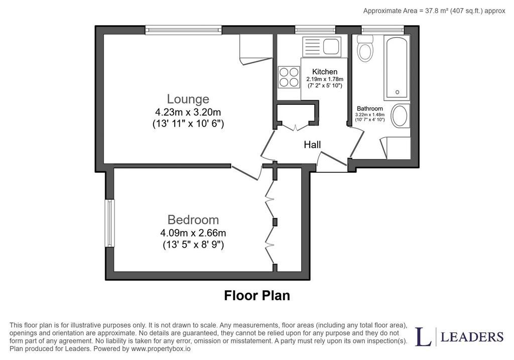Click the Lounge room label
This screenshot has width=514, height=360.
pos(188,99)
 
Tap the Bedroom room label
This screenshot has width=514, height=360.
pos(193,219)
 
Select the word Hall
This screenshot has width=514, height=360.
pos(312,145)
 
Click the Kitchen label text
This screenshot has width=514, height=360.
pos(325,71)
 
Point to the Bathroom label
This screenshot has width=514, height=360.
pos(370,108)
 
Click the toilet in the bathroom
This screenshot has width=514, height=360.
pos(365,48)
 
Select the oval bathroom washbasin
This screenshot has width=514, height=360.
pos(400,116)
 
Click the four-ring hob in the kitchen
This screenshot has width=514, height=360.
pos(289,77)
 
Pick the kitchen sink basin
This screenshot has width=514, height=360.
pos(331,46)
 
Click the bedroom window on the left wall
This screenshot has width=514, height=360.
pos(110,223)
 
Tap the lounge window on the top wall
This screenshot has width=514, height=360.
pos(184,30)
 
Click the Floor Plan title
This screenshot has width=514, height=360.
pos(257,295)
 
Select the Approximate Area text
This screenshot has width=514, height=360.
pos(434,11)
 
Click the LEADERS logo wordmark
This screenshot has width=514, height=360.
pos(472,337)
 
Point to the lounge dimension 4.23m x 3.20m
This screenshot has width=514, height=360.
pos(188,112)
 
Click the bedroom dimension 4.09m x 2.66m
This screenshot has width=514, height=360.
pos(193,233)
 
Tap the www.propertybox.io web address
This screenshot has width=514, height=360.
pos(161,348)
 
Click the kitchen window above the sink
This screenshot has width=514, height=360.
pos(315,30)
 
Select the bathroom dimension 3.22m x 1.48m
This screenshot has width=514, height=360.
pos(370,115)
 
